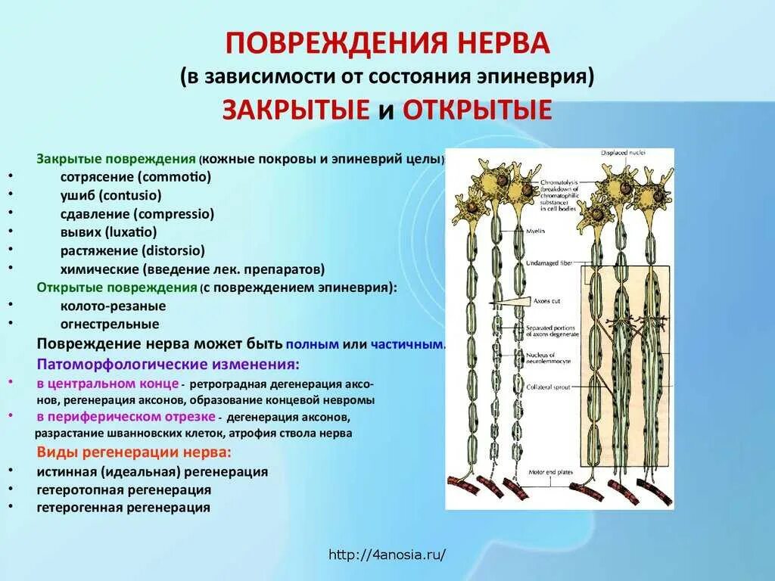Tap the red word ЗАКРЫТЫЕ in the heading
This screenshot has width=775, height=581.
[x=295, y=110]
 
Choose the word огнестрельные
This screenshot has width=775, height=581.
[x=110, y=324]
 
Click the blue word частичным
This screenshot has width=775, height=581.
[x=408, y=343]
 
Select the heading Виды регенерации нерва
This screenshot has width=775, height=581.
[x=134, y=453]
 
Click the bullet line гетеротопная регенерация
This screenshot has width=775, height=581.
[x=123, y=489]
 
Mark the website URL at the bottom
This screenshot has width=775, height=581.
[x=387, y=555]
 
